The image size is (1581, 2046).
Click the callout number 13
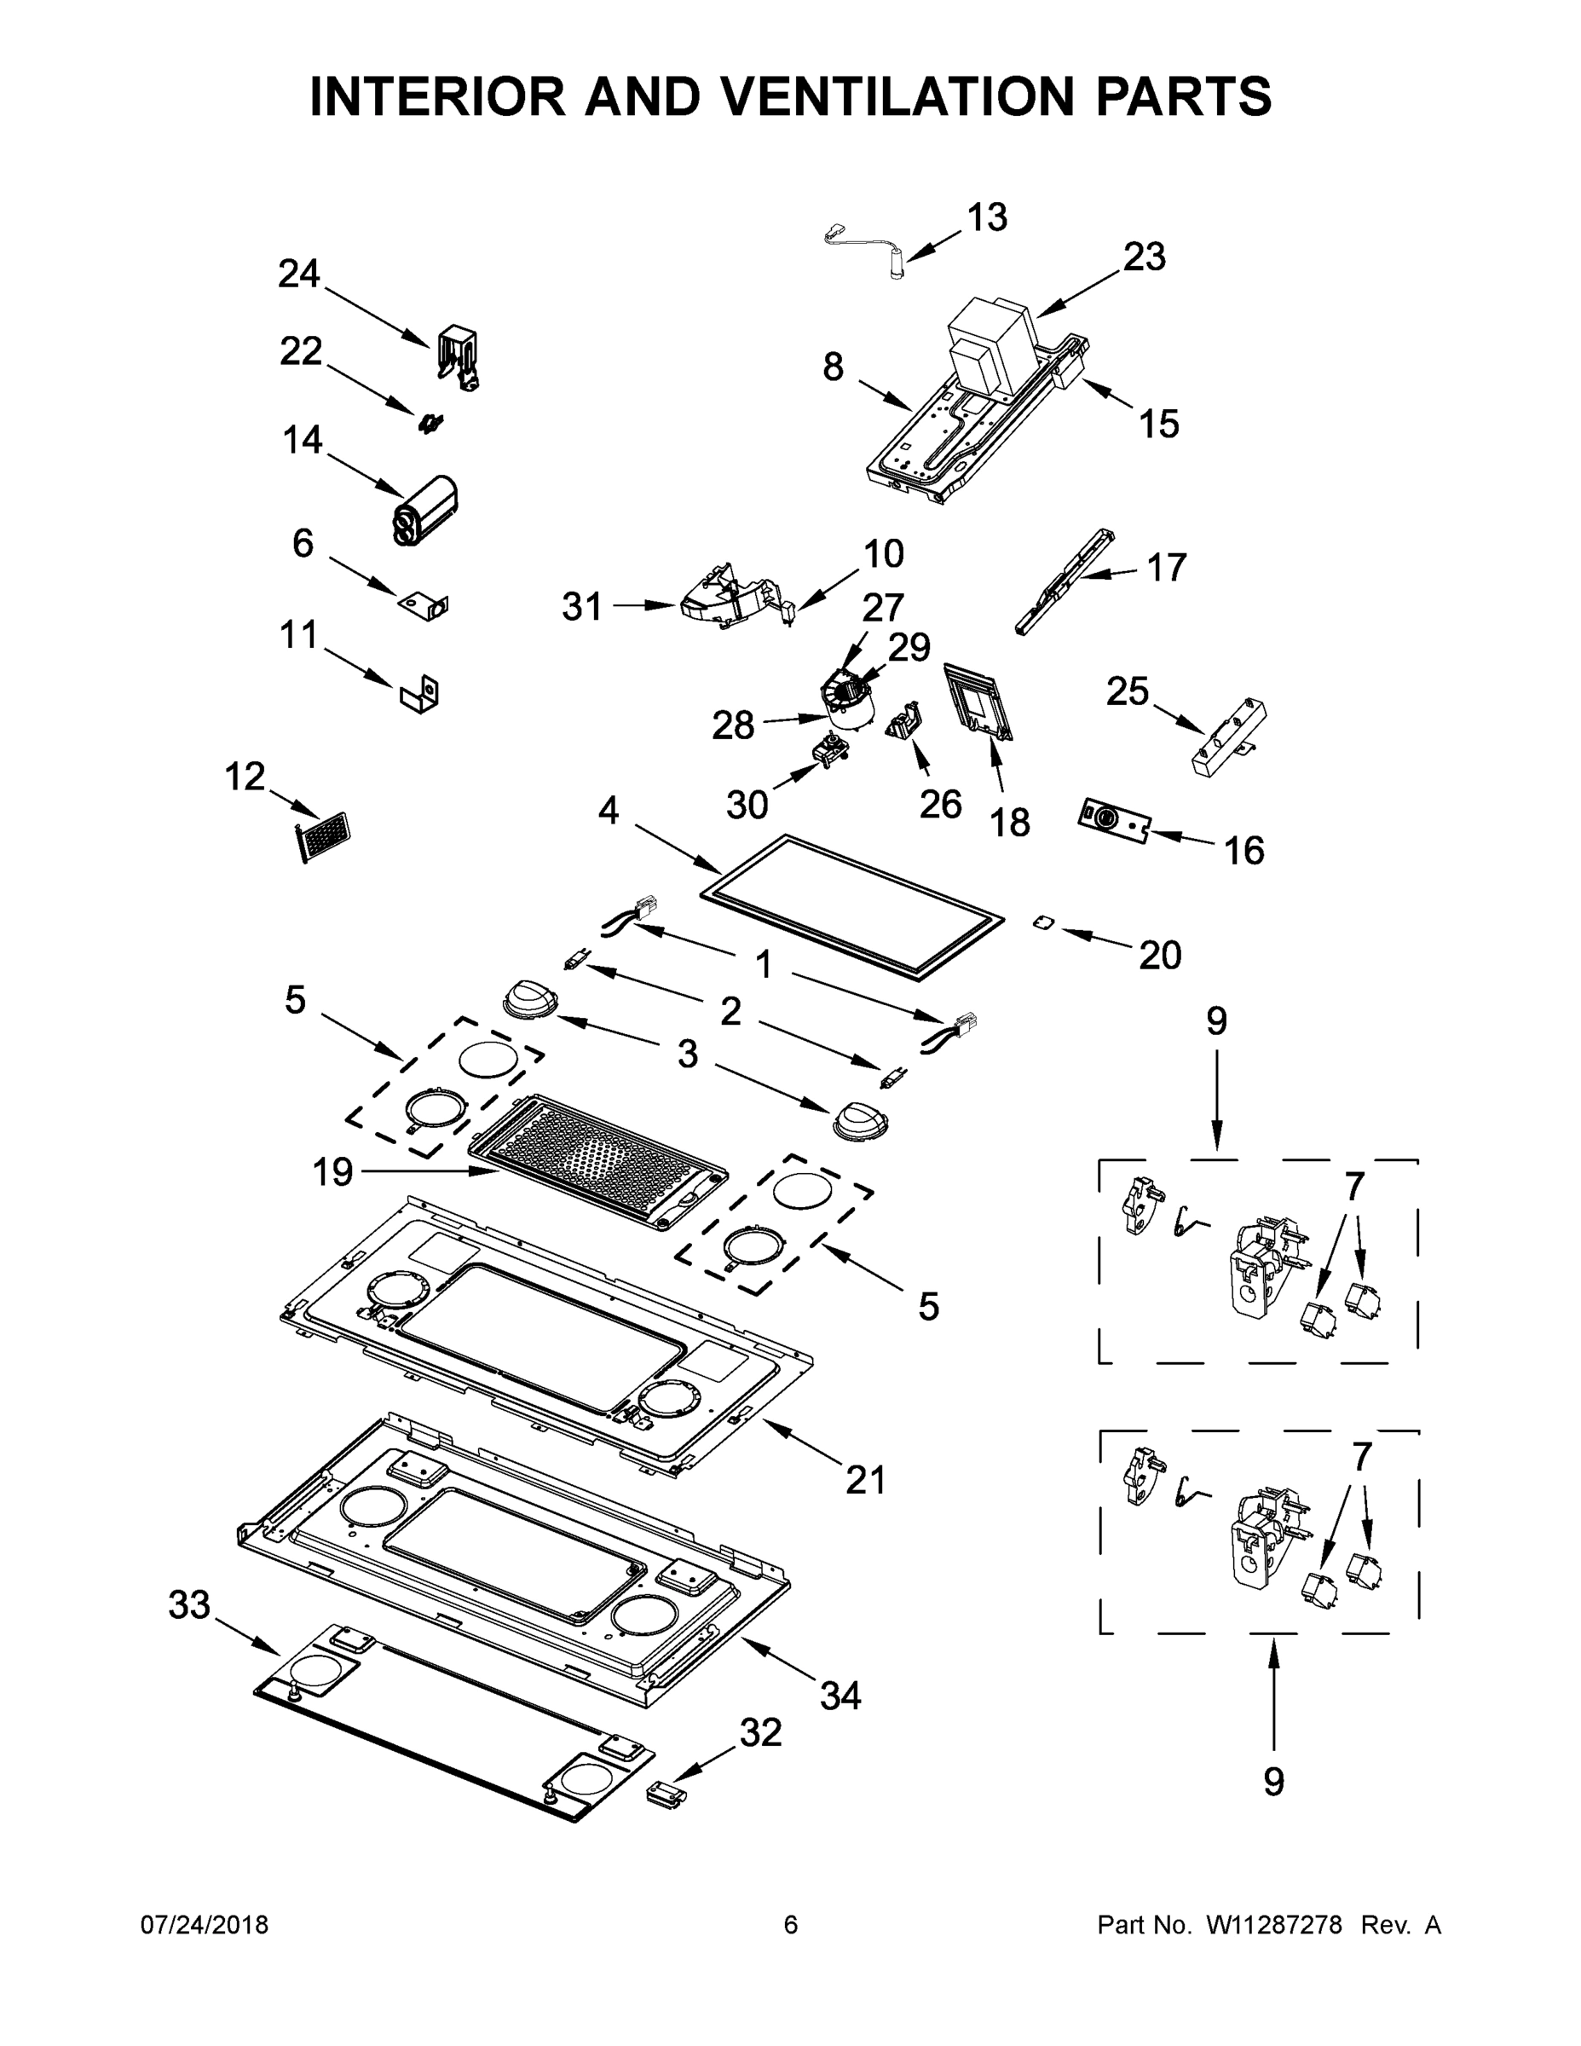pyautogui.click(x=986, y=217)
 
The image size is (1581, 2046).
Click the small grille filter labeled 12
pyautogui.click(x=321, y=835)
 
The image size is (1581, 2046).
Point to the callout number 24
pyautogui.click(x=299, y=274)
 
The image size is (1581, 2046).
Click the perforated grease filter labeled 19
pyautogui.click(x=597, y=1159)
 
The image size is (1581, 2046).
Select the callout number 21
pyautogui.click(x=864, y=1480)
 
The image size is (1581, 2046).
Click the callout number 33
pyautogui.click(x=189, y=1604)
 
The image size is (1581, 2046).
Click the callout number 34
pyautogui.click(x=840, y=1695)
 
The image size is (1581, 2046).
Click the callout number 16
pyautogui.click(x=1243, y=851)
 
